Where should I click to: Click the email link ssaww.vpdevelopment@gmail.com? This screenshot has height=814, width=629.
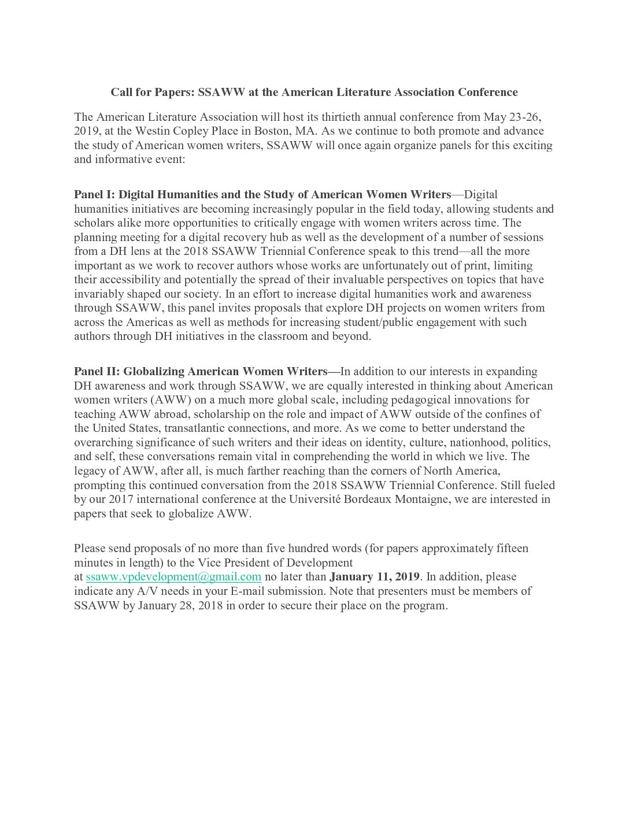click(x=173, y=577)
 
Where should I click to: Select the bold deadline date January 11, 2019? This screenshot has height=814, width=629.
click(x=375, y=577)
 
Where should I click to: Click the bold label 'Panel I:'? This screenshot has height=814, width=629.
click(x=95, y=195)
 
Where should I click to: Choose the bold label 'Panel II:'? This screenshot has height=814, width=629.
click(x=97, y=372)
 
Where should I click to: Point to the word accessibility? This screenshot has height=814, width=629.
click(x=128, y=280)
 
